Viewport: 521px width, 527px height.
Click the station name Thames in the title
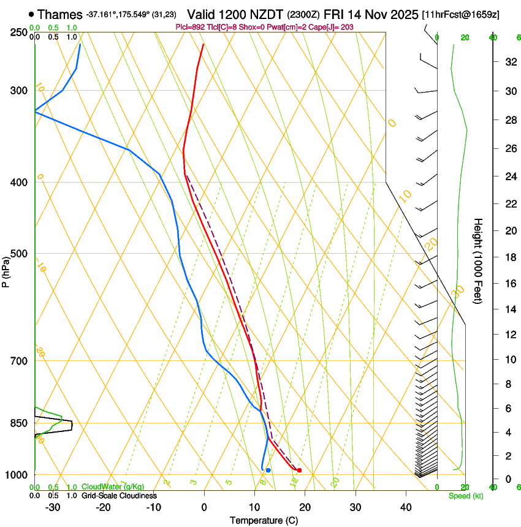[x=59, y=14]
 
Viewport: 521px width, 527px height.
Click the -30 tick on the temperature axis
[x=53, y=507]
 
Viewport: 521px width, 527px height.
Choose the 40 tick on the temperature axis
[x=406, y=507]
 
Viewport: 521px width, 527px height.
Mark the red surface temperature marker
[x=299, y=470]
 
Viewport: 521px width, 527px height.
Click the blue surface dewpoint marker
[x=268, y=470]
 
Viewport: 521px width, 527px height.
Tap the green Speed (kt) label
[x=465, y=496]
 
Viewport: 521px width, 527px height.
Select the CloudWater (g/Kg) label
[x=113, y=487]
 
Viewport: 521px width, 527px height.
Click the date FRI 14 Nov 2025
[x=375, y=14]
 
